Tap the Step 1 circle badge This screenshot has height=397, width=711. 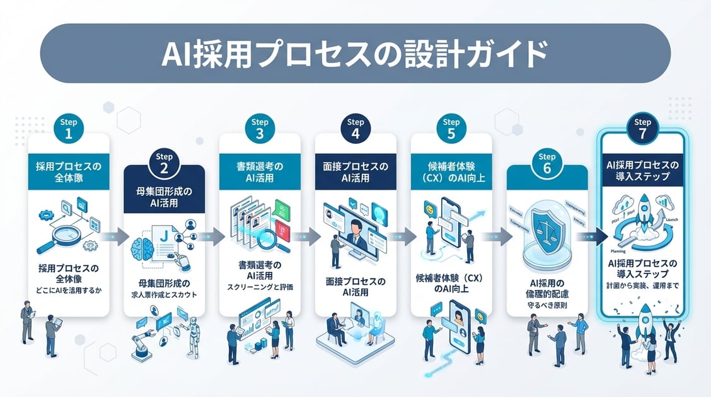tap(69, 129)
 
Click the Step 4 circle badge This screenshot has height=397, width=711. tap(355, 129)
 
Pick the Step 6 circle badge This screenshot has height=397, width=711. tap(546, 164)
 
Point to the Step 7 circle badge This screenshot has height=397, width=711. tap(642, 129)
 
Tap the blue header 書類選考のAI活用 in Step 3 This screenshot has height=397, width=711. tap(260, 172)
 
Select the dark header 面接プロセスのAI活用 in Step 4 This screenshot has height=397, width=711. tap(355, 172)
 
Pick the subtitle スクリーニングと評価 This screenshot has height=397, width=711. tap(260, 288)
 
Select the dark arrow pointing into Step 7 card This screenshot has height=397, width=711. tap(594, 237)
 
